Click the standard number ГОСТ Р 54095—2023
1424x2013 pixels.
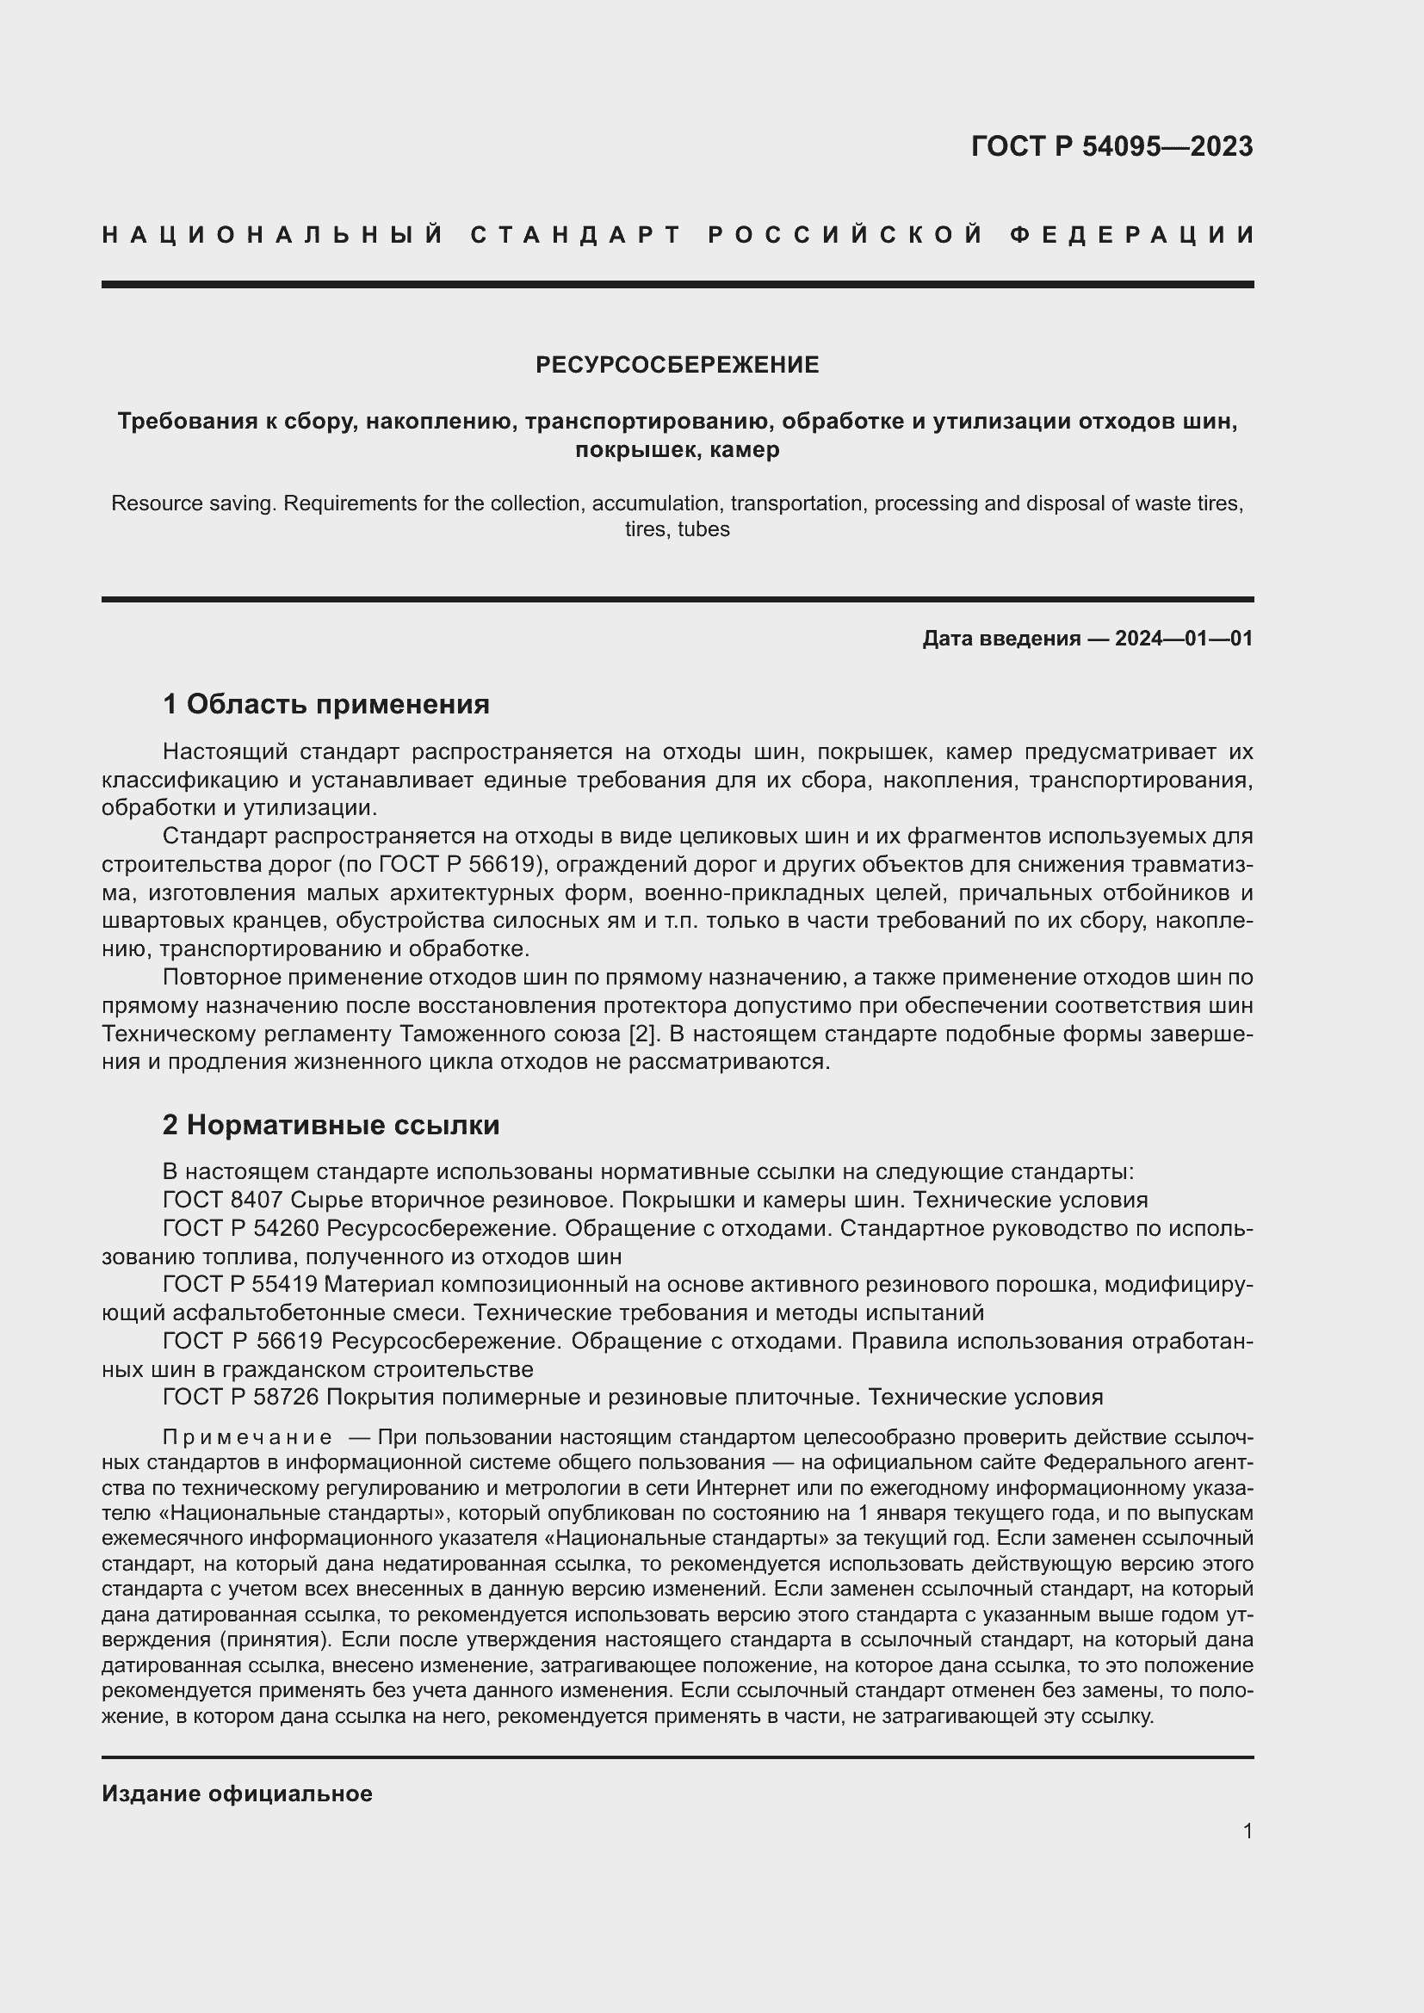(x=1111, y=146)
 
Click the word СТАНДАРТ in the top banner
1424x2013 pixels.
(x=576, y=235)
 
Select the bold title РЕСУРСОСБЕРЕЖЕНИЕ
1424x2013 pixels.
(x=677, y=365)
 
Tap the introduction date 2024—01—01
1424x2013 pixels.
(x=1183, y=639)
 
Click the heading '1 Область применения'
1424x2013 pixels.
(x=325, y=704)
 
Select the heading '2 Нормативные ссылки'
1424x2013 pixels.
(x=331, y=1125)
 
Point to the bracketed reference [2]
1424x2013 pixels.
(x=643, y=1034)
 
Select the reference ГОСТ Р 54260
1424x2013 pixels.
(x=240, y=1228)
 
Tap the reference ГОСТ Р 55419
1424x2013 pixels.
(x=240, y=1284)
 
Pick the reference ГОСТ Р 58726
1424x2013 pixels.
(x=240, y=1397)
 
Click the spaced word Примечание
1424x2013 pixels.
(x=247, y=1438)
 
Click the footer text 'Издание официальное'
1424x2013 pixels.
(x=237, y=1787)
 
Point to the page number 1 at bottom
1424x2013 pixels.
(x=1247, y=1831)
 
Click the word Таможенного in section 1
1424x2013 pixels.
(x=465, y=1034)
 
